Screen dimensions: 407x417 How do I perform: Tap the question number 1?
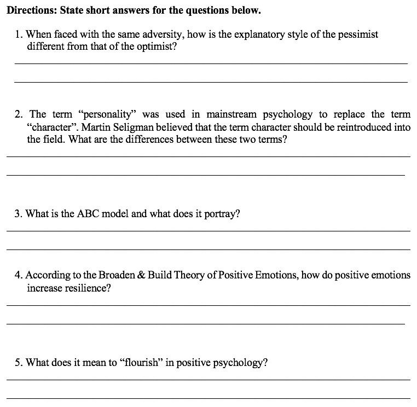pos(19,34)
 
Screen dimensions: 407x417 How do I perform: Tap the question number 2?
pos(19,114)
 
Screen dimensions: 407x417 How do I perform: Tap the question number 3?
pos(18,214)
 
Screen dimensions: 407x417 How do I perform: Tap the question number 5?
pos(19,362)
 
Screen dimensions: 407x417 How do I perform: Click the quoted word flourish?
pos(141,362)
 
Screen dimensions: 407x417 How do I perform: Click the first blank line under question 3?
pos(208,231)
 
